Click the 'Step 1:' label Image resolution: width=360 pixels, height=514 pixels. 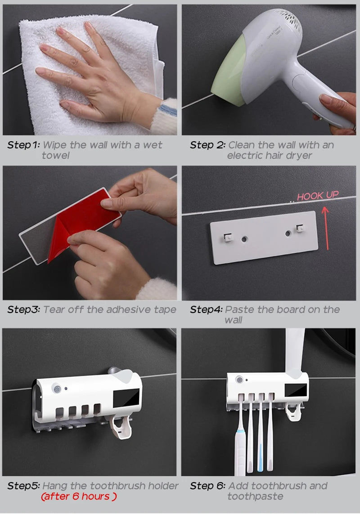[23, 145]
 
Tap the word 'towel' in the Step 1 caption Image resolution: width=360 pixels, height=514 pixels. [56, 156]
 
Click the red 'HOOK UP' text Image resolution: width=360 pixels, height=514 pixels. [318, 196]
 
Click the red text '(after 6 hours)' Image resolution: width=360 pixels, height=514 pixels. [79, 496]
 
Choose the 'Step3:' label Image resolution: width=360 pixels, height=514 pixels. [23, 310]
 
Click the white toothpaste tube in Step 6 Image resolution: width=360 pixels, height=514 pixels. [294, 355]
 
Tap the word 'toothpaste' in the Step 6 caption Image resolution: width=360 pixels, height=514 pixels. [255, 496]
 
